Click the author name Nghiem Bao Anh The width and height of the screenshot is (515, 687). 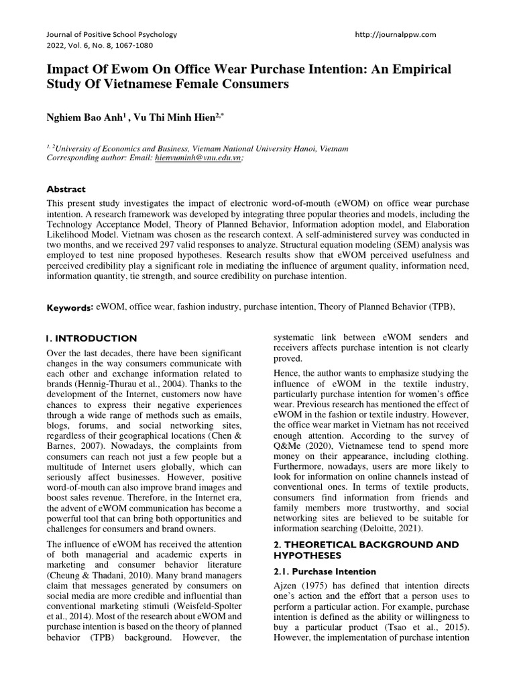84,117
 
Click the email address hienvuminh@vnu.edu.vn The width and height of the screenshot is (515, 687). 198,158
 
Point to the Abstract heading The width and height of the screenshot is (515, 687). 66,190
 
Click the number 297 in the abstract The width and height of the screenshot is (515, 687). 208,246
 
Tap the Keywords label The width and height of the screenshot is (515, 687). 70,307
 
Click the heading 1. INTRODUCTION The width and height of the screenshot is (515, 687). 91,339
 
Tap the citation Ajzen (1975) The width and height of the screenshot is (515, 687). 296,585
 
